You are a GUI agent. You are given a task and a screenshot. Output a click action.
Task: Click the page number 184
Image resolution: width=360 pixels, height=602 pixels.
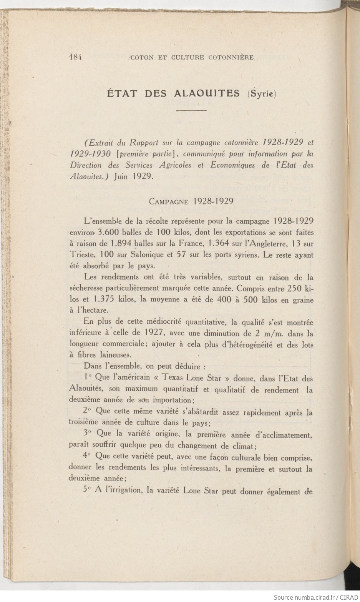click(76, 57)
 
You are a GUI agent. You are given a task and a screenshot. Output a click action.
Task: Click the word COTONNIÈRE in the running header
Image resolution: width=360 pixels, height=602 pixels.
click(231, 58)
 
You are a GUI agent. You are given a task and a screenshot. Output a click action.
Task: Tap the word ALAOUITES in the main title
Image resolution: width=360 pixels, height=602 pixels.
click(207, 93)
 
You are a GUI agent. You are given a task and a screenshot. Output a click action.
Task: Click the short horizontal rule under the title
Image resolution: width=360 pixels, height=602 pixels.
click(192, 111)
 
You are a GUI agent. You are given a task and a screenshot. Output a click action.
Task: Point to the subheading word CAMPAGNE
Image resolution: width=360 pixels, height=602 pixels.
click(169, 201)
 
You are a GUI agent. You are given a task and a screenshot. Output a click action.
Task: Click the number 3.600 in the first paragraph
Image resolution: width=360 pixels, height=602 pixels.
click(108, 232)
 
